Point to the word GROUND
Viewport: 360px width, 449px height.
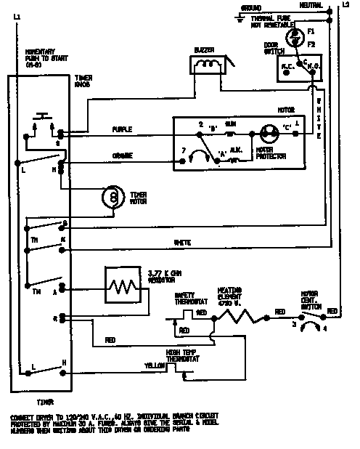pos(250,8)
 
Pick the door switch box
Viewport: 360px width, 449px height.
pos(297,69)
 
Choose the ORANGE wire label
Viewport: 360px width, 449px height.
pos(122,156)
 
